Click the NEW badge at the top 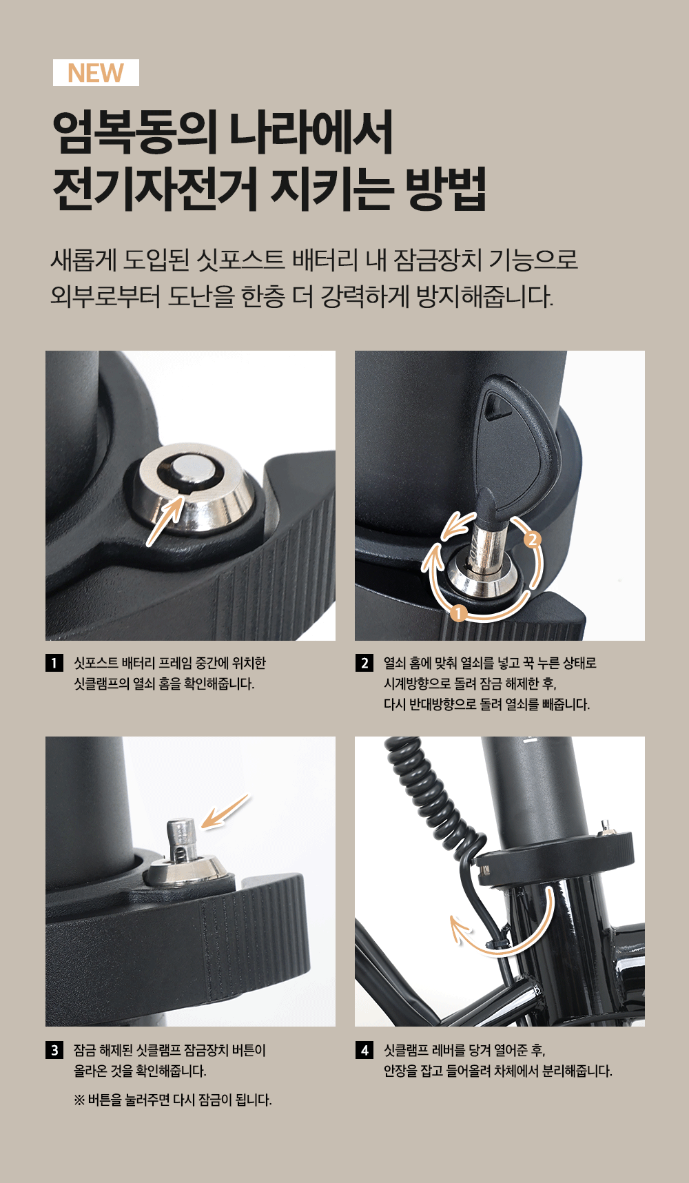point(96,72)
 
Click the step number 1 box point(54,663)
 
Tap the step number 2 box point(364,663)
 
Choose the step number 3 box point(54,1050)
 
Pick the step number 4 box point(364,1050)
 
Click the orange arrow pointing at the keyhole point(165,520)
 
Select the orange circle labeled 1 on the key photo point(459,613)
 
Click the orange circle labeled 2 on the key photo point(532,539)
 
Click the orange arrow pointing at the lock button point(225,811)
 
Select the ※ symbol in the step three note point(79,1100)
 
